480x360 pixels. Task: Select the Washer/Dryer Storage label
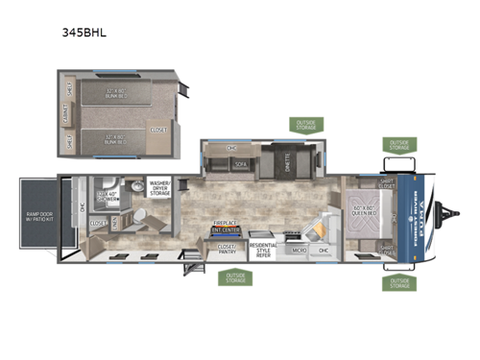pos(160,185)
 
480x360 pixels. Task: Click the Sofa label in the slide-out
pos(239,164)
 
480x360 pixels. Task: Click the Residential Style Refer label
pos(263,248)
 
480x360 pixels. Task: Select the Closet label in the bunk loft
pos(160,128)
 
